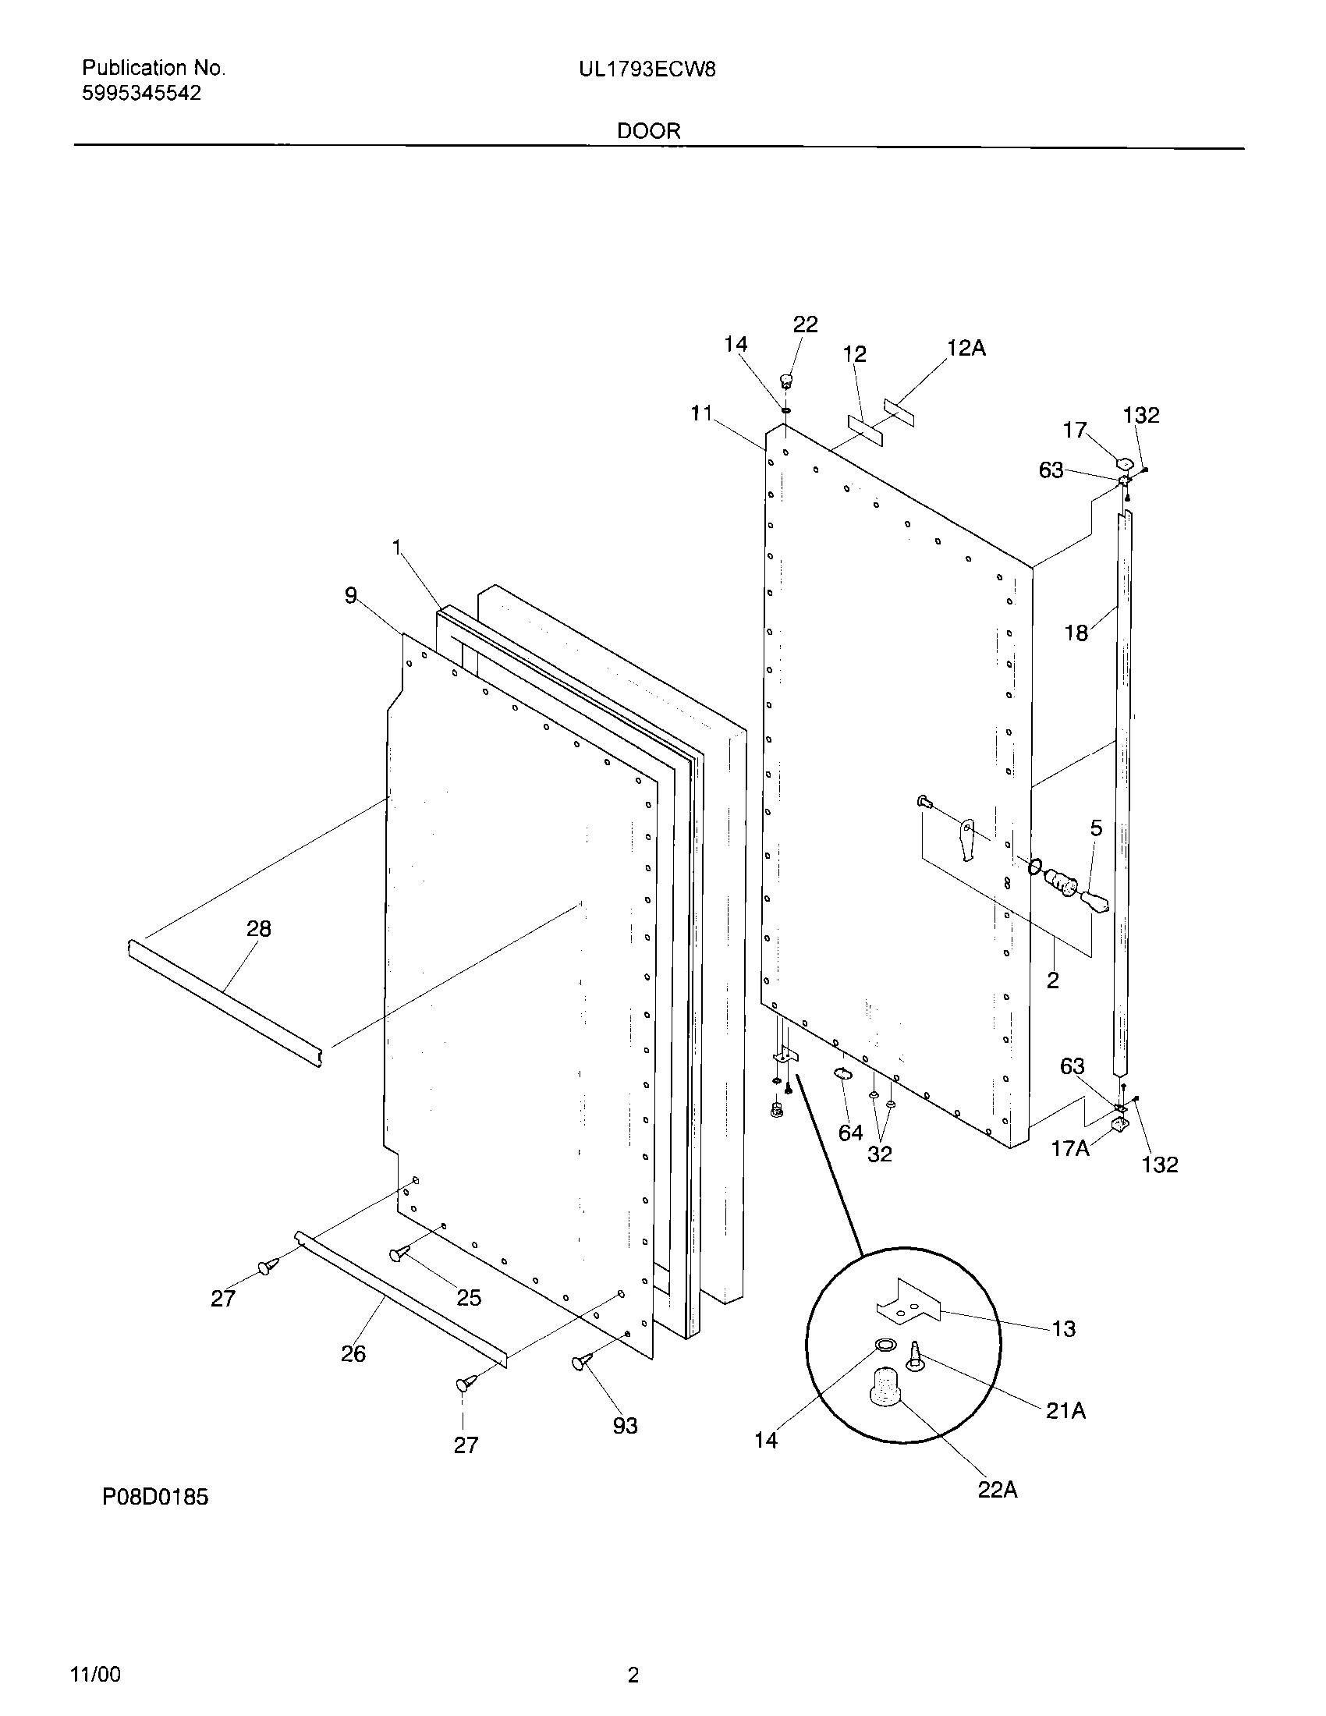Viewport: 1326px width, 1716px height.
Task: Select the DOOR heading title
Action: (x=648, y=131)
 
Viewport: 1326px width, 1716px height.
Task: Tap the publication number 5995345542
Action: (x=141, y=94)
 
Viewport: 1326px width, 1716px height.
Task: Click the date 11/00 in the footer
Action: (x=96, y=1675)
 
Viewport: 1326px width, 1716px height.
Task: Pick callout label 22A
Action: (x=997, y=1489)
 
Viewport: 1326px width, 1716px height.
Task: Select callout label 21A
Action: (x=1065, y=1410)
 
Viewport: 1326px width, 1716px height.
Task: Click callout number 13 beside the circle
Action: (x=1063, y=1328)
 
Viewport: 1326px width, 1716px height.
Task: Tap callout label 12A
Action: (x=966, y=348)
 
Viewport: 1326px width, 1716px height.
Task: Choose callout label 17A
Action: (x=1070, y=1148)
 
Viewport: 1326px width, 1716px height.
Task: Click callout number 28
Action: (x=258, y=929)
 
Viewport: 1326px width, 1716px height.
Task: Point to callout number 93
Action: (x=625, y=1425)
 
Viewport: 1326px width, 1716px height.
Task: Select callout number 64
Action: (x=850, y=1133)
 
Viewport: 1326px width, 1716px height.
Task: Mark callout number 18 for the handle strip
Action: (x=1076, y=633)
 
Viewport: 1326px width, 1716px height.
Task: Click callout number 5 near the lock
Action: (x=1096, y=828)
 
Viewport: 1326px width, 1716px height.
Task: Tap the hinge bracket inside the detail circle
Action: (x=908, y=1303)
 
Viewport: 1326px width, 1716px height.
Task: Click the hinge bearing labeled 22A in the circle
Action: (x=885, y=1384)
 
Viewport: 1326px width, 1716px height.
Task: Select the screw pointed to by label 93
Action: (x=583, y=1362)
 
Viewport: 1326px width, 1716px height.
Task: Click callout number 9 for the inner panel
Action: (x=350, y=596)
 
